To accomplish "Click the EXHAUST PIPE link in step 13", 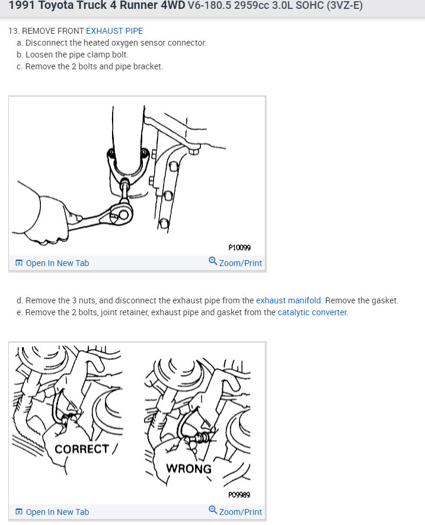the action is [114, 31].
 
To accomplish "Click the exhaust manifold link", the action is [288, 300].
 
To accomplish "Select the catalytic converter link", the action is [312, 312].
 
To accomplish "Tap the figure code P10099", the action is [239, 248].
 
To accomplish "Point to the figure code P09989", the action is [239, 495].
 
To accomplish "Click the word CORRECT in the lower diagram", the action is [82, 449].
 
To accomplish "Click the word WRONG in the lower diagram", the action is [188, 469].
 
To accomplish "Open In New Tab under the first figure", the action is [52, 263].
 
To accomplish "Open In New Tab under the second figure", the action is [52, 512].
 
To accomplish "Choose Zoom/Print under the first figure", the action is [235, 262].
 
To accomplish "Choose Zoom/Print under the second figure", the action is [235, 511].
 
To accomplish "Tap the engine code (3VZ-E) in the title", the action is [344, 5].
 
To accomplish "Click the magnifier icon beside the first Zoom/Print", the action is [213, 261].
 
